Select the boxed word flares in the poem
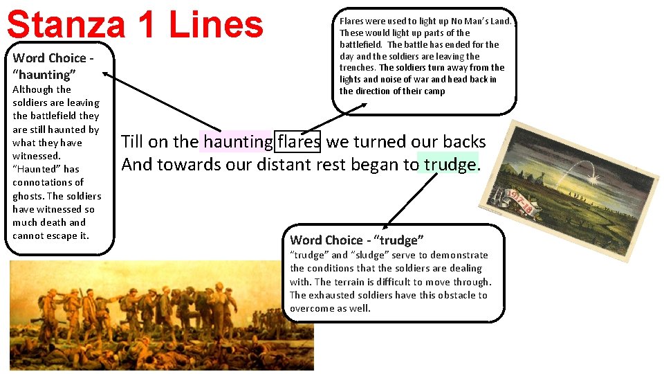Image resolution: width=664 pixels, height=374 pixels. (298, 142)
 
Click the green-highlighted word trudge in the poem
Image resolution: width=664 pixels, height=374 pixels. (450, 165)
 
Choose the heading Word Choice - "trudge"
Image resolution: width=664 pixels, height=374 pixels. (356, 240)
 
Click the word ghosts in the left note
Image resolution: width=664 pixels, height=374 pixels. (28, 195)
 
